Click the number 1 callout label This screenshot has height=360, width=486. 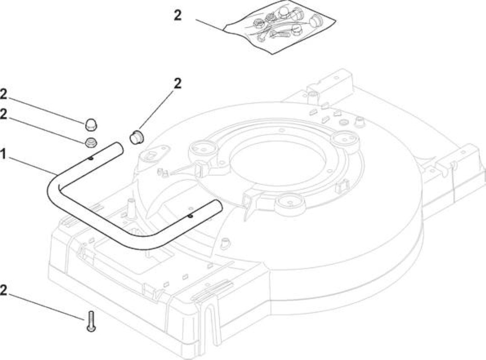pos(3,154)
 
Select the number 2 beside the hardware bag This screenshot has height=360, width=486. pos(177,15)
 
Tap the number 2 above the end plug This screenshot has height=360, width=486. pos(177,83)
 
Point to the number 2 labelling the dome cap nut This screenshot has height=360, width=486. pos(4,94)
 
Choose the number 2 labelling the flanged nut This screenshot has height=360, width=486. pos(4,114)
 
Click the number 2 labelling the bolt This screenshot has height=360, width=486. pos(4,291)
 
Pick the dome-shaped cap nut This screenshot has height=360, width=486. pos(90,124)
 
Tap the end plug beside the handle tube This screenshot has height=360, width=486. pos(136,137)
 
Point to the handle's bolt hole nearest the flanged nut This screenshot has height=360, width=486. pos(90,159)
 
